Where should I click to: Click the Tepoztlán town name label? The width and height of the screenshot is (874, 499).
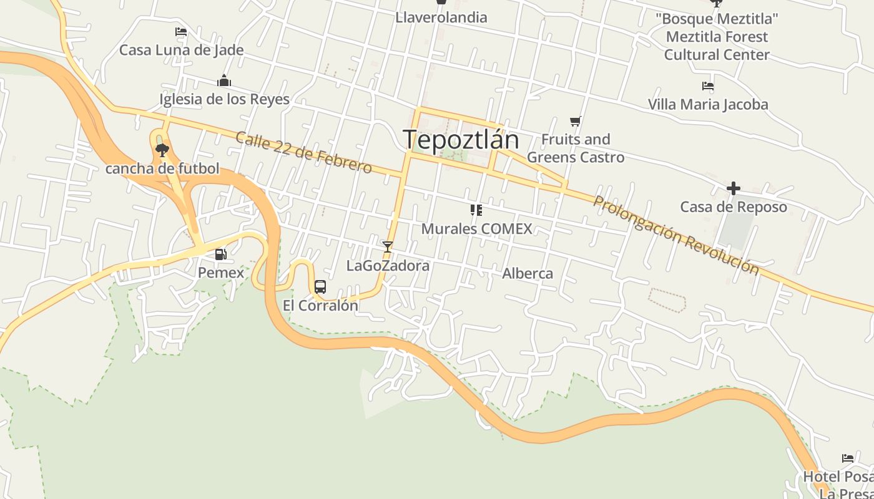click(x=461, y=140)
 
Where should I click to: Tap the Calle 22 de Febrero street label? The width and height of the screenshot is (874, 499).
click(x=303, y=152)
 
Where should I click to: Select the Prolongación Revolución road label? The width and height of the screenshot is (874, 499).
click(x=676, y=235)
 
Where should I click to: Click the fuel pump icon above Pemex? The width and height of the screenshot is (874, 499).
click(x=220, y=254)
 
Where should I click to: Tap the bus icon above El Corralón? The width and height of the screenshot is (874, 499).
click(x=320, y=287)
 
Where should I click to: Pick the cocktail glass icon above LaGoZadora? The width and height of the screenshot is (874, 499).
click(x=388, y=247)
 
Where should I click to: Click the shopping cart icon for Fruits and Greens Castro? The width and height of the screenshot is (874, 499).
click(x=575, y=121)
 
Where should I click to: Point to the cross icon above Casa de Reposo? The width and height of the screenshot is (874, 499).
click(x=734, y=188)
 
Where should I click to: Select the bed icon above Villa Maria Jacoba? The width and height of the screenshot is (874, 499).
click(x=707, y=86)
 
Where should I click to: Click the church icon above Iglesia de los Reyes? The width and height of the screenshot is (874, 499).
click(x=224, y=80)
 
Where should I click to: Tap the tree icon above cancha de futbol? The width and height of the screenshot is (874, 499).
click(x=162, y=150)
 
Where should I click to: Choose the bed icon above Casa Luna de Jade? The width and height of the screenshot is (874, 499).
click(x=181, y=32)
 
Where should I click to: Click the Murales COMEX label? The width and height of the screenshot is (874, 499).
click(x=477, y=229)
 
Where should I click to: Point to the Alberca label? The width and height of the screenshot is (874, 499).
click(x=528, y=273)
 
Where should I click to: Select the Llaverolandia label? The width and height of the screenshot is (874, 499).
click(x=441, y=17)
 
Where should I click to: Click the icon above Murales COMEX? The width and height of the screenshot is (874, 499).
click(x=476, y=210)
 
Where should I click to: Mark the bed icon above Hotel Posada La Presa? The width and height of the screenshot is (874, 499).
click(x=848, y=458)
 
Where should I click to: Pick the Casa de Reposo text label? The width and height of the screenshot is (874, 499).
click(x=734, y=207)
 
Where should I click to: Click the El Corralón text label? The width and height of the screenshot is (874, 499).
click(x=320, y=306)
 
